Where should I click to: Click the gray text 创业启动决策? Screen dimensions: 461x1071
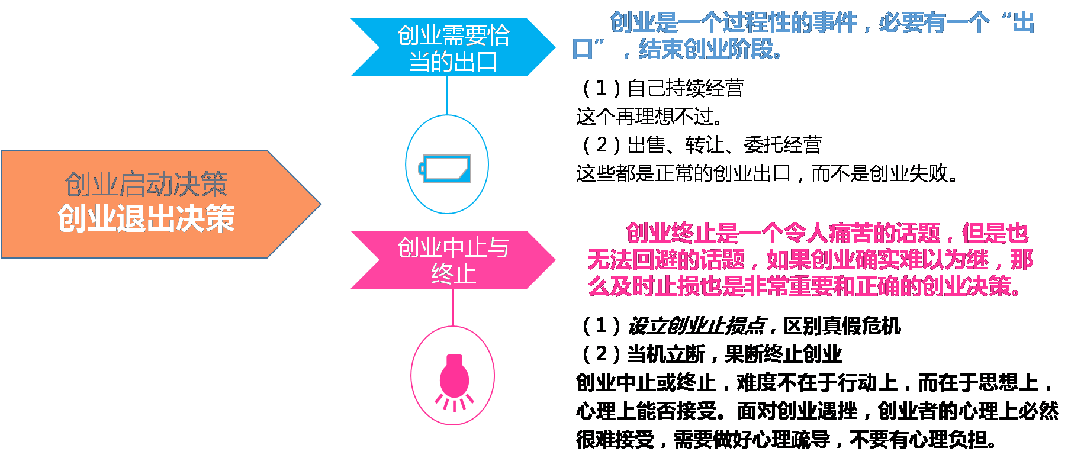coord(146,185)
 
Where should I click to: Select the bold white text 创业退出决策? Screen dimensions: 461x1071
coord(146,219)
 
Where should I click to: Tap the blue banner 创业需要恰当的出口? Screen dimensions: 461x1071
coord(453,48)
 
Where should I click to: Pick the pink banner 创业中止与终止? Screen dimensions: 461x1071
coord(453,260)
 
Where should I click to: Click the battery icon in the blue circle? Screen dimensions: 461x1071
coord(446,169)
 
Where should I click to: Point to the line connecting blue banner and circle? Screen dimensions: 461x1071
coord(446,96)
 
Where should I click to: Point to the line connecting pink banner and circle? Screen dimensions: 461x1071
coord(453,307)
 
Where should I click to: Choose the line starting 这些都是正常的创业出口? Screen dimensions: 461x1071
coord(767,173)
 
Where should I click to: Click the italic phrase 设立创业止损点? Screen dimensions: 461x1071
coord(696,326)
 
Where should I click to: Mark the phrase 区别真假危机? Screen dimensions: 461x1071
coord(842,326)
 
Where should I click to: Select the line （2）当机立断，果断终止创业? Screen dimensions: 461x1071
coord(711,354)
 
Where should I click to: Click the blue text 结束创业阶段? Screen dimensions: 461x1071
coord(710,50)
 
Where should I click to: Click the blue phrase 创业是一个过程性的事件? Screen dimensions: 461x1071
coord(734,23)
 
